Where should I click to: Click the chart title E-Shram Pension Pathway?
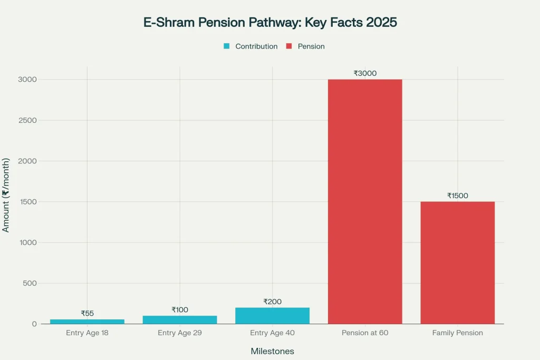click(x=269, y=23)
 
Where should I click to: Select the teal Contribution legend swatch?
click(x=227, y=46)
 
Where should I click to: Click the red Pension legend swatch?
click(x=289, y=46)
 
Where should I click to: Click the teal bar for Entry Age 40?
click(x=272, y=316)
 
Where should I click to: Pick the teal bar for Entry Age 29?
click(x=180, y=320)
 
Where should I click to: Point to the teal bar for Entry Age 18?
click(x=87, y=322)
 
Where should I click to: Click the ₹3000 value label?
click(x=365, y=73)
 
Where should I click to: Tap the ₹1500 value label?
click(x=457, y=196)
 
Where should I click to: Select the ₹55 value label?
click(x=87, y=313)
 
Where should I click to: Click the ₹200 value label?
click(x=272, y=301)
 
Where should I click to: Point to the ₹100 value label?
click(x=180, y=310)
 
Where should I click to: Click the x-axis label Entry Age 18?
click(x=87, y=333)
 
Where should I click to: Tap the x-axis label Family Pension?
click(x=457, y=333)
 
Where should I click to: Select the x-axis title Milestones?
click(x=272, y=351)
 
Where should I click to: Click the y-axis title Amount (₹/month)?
click(x=6, y=194)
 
